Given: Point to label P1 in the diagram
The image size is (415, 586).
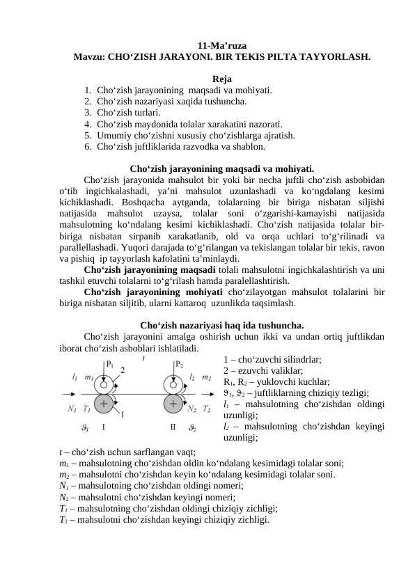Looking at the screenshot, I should (110, 364).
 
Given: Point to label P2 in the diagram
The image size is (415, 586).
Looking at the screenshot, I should (179, 364).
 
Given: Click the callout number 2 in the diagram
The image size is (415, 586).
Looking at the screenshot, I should (123, 370).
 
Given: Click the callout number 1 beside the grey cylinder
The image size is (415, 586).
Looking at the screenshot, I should (123, 415).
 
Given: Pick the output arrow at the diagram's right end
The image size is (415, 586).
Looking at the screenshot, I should (207, 393).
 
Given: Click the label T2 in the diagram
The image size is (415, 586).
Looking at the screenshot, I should (207, 409).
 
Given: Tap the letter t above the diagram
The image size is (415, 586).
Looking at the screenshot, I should (143, 358).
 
